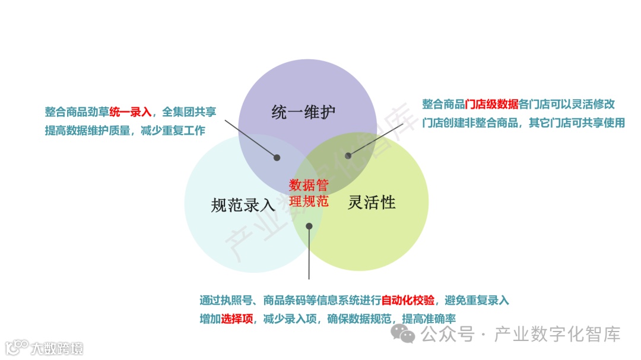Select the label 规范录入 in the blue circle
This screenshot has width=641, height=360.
pos(243,205)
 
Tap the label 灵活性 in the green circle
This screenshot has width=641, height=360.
pos(372,202)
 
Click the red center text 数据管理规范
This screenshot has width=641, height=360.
pos(309,193)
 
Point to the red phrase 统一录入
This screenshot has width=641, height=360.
pos(131,112)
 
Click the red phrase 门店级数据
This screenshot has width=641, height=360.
pos(492,104)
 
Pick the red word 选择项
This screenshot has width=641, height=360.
pos(237,318)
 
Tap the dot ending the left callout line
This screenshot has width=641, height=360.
pos(277,157)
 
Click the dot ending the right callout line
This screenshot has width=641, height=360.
pos(348,156)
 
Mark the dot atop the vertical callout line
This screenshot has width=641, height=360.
pos(309,225)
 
